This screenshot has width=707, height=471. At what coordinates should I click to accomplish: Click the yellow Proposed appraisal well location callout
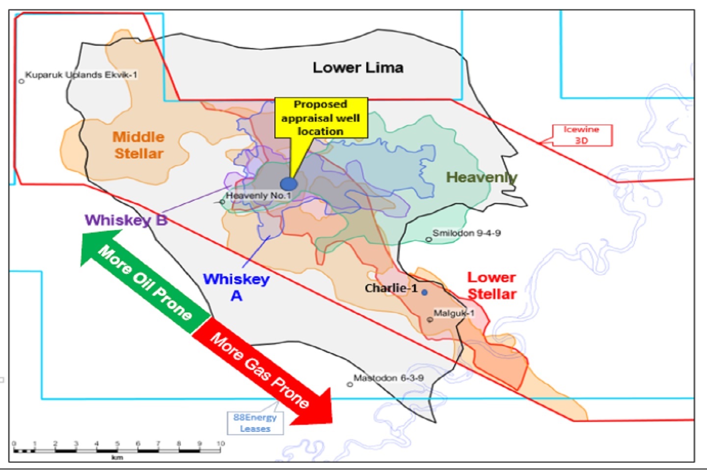pos(321,118)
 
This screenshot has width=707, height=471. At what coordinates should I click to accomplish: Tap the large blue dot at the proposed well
pos(289,184)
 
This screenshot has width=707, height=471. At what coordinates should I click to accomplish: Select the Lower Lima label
pos(358,68)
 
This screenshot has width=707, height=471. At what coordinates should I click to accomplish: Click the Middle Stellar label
pos(138,145)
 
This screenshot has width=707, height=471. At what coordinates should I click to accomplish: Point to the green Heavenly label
pos(481,177)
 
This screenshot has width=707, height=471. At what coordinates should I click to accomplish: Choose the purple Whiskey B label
pos(126,220)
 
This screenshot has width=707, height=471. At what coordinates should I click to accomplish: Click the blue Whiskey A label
pos(236,287)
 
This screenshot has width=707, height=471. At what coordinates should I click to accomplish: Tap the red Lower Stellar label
pos(491,286)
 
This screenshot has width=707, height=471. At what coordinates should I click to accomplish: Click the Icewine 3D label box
pos(582,135)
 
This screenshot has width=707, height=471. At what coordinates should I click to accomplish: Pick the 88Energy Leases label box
pos(255,423)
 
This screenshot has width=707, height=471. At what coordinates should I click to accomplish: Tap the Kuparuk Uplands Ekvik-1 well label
pos(81,75)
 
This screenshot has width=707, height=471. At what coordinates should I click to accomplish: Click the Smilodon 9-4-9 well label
pos(466,233)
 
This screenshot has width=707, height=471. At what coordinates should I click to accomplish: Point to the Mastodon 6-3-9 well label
pos(388,378)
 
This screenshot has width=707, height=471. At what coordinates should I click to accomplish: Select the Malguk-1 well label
pos(454,313)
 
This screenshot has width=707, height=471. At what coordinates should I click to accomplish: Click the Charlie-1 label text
pos(391,288)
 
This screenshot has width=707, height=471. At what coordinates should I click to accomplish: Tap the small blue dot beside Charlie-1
pos(424,292)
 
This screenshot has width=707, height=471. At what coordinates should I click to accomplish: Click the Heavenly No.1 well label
pos(258,196)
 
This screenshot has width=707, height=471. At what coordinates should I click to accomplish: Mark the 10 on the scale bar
pos(220,444)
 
